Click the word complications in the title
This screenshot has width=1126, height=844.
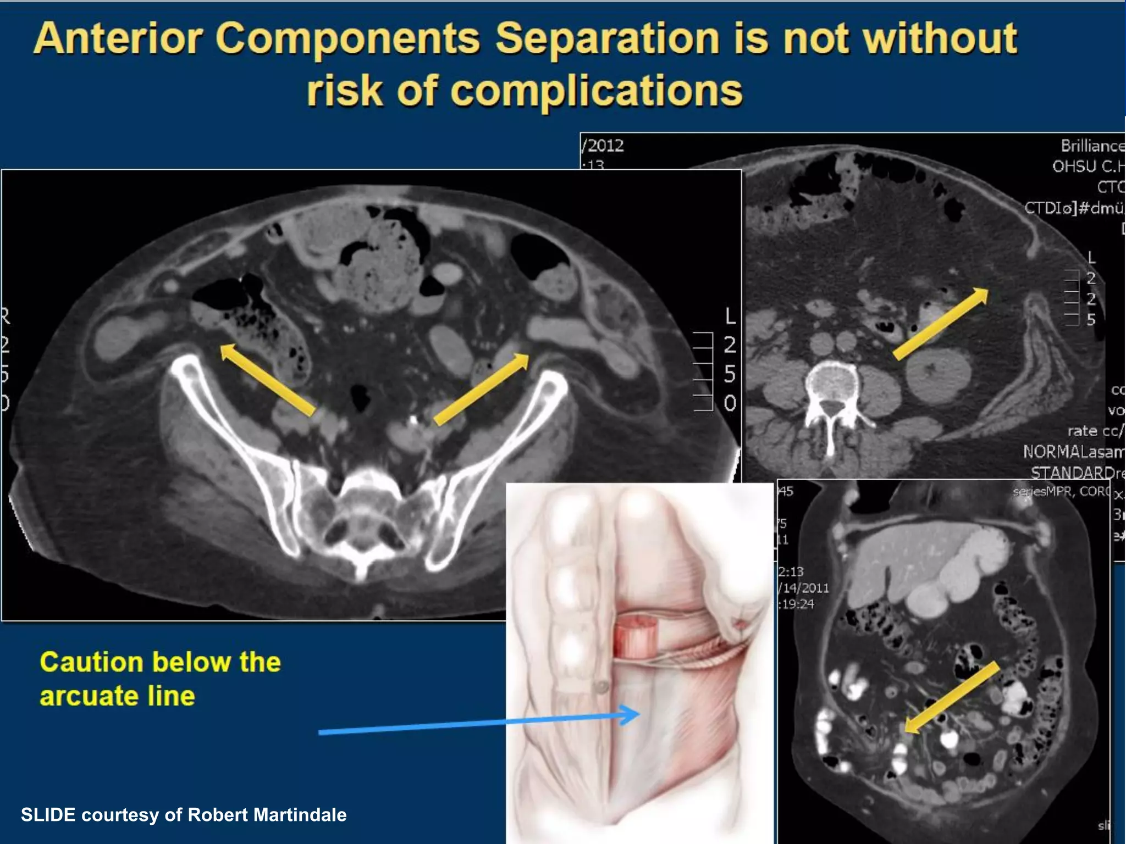pos(596,91)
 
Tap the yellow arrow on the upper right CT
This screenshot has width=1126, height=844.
pos(941,324)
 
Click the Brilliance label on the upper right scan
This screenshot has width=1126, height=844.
pos(1092,146)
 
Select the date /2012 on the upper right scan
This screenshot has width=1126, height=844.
pos(603,146)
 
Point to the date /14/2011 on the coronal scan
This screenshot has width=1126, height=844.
pos(803,588)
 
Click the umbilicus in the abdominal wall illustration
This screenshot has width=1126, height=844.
pos(603,687)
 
